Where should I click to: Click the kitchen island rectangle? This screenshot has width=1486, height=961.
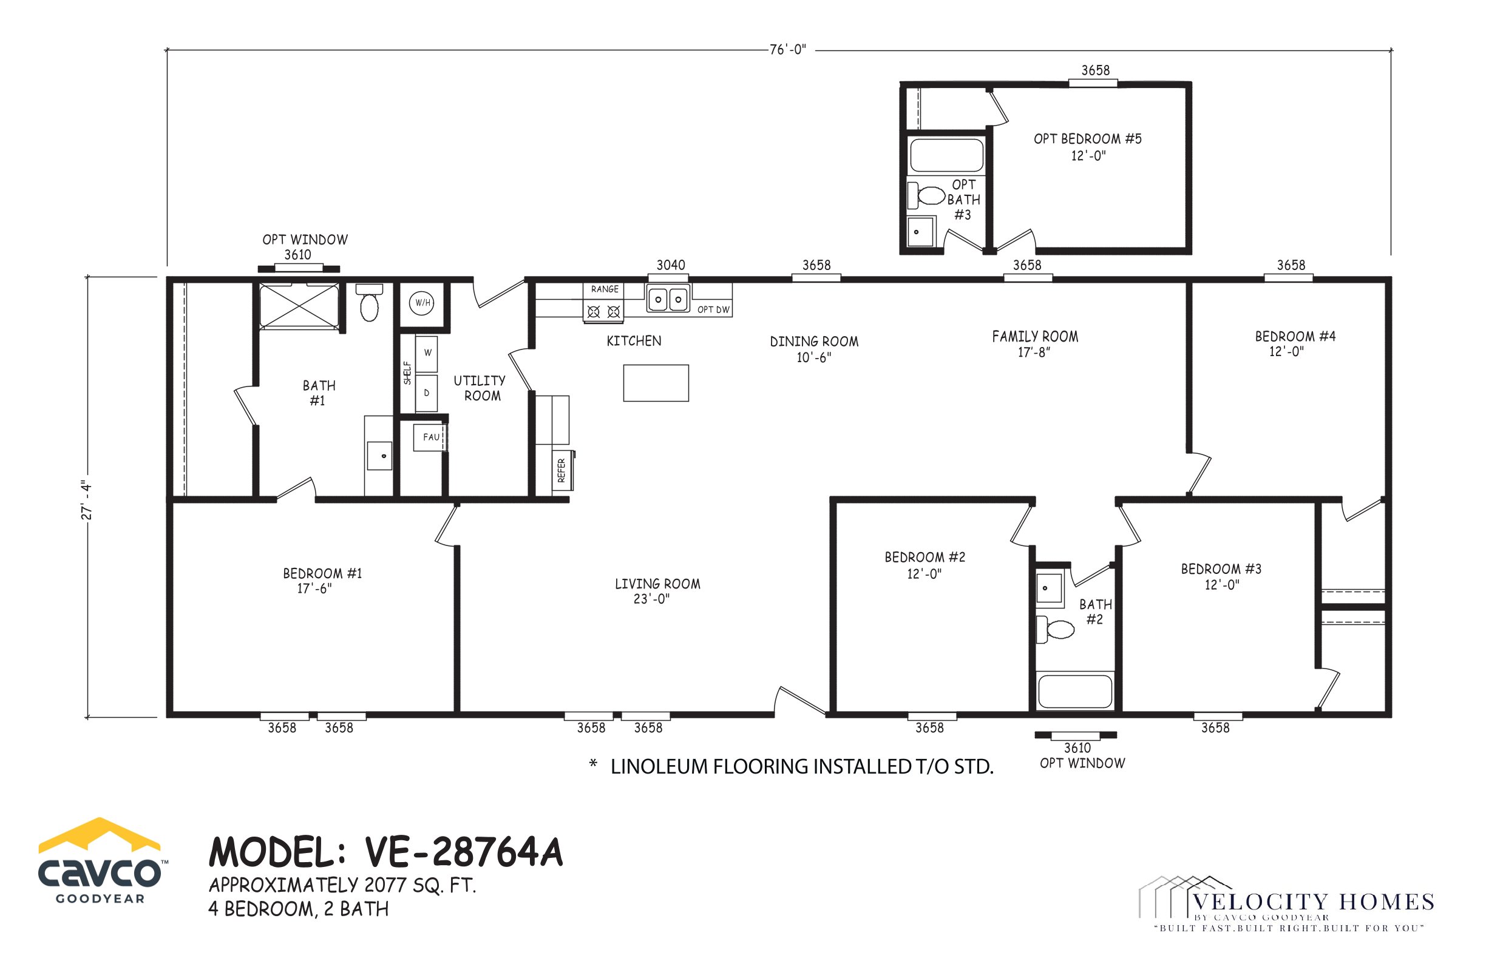656,383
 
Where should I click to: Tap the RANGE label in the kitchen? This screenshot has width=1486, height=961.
605,289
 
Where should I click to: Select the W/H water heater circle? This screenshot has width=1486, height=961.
422,303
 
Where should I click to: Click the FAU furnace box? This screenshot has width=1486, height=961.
430,437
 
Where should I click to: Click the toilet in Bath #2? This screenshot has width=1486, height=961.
1054,629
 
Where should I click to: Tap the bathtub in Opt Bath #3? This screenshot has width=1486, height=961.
946,155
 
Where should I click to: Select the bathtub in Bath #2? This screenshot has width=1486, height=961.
1074,691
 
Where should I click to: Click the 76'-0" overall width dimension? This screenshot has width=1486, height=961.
788,50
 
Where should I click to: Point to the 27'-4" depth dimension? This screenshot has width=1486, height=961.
87,501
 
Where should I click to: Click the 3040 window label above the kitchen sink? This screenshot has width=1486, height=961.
671,265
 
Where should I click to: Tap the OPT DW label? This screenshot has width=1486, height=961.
713,309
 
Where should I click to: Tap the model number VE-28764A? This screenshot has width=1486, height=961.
464,852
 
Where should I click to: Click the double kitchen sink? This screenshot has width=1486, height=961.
668,300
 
